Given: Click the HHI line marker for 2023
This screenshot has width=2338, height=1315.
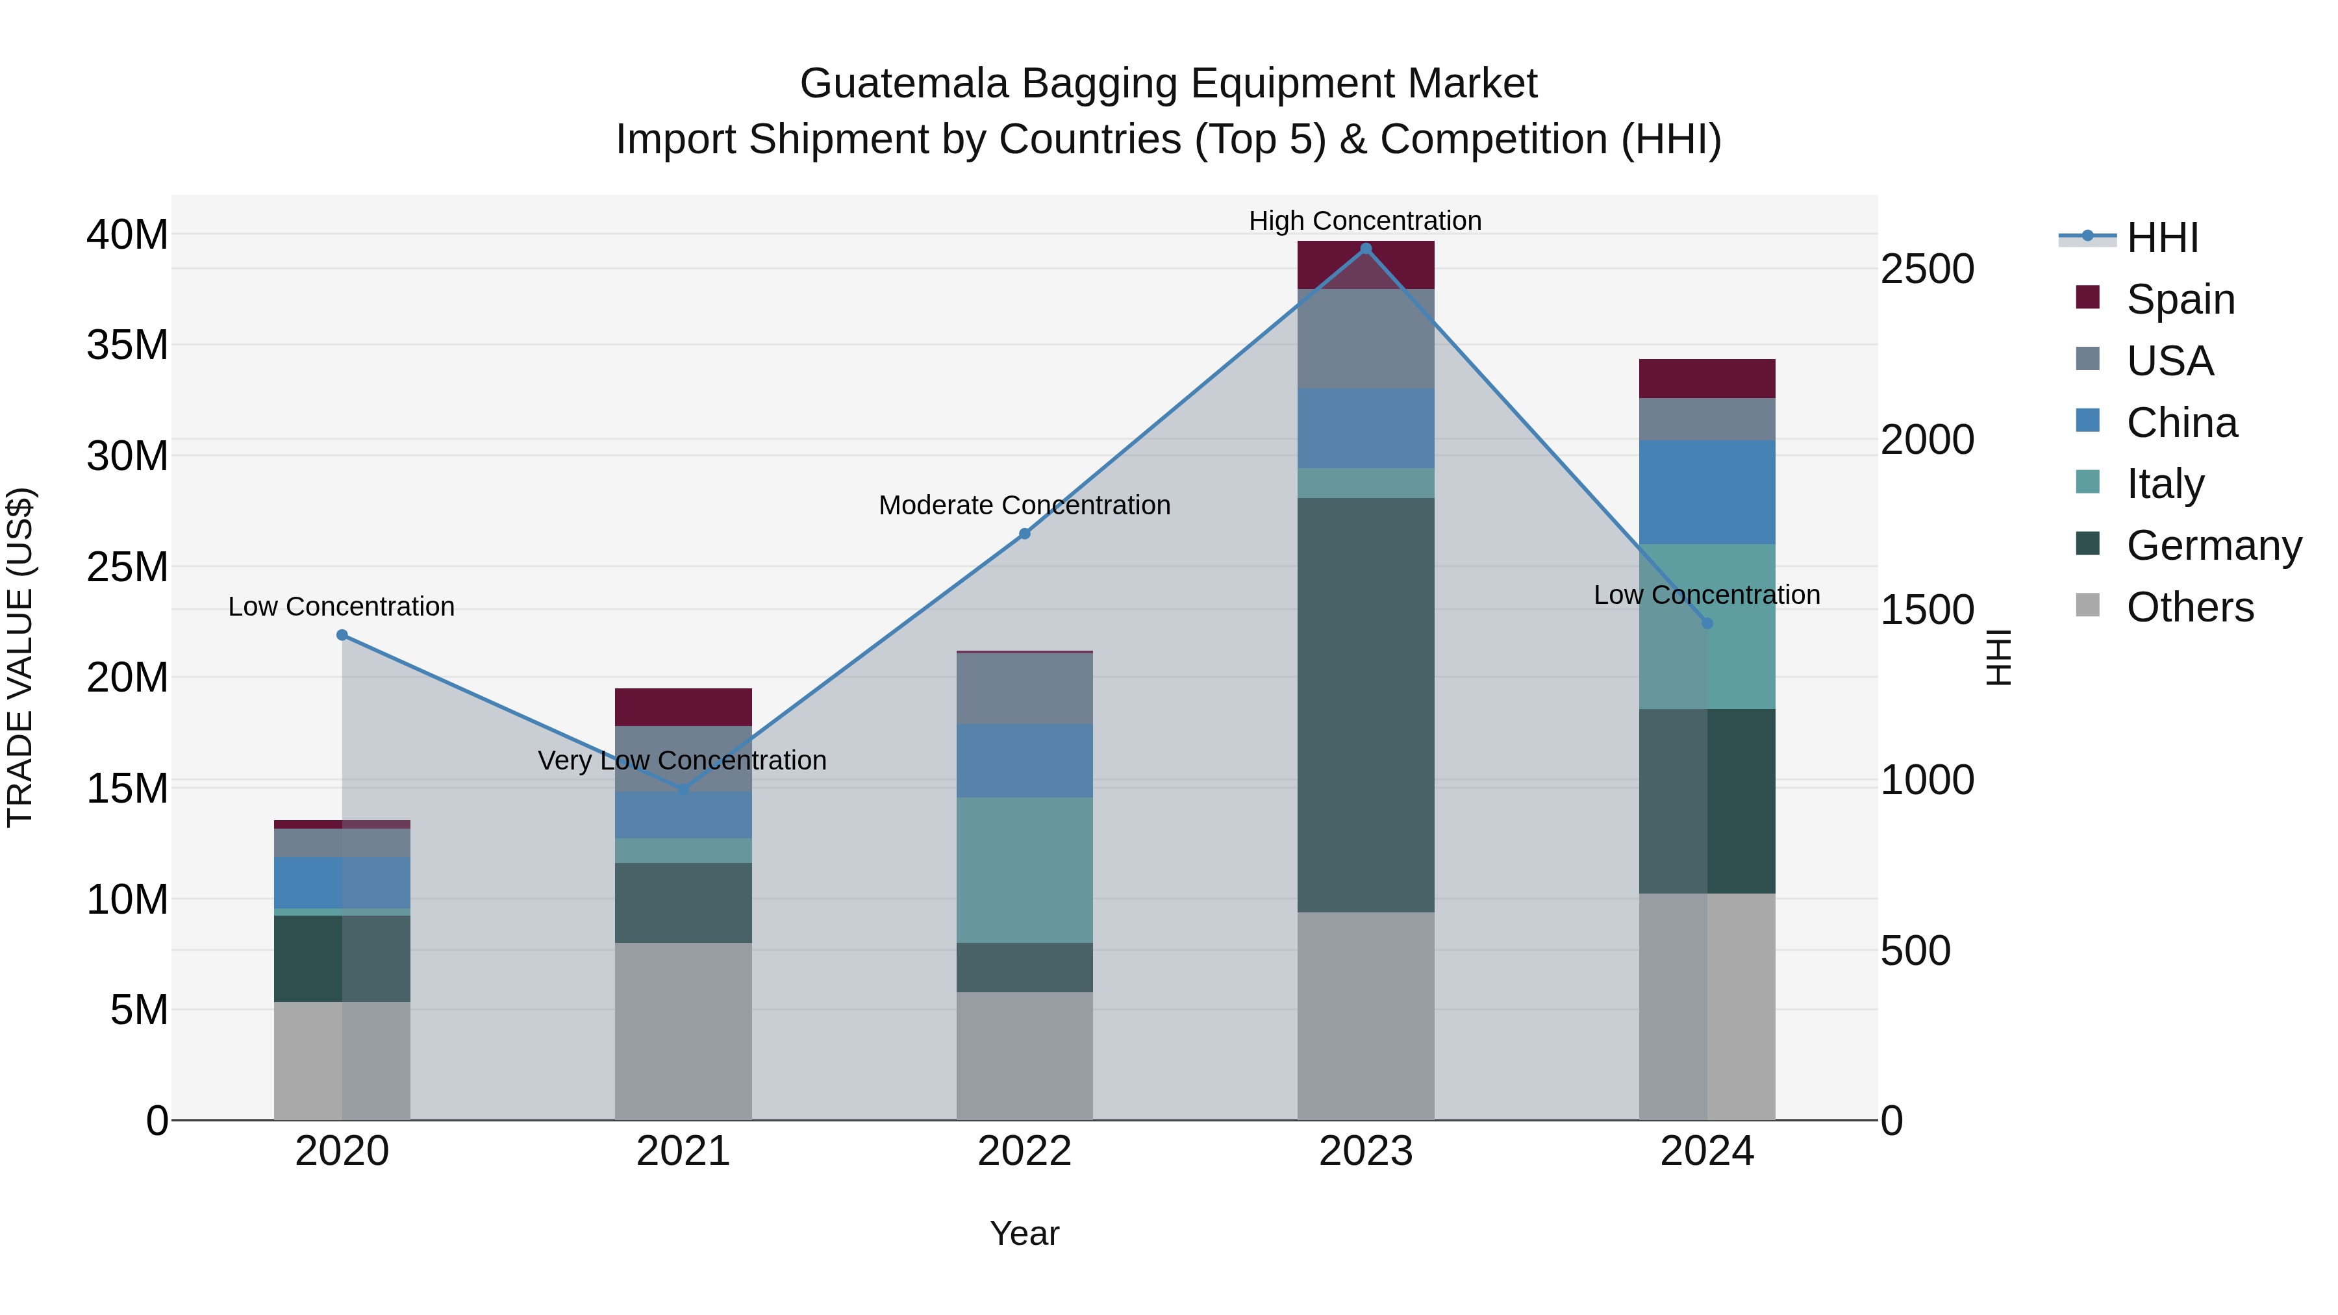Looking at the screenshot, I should point(1365,249).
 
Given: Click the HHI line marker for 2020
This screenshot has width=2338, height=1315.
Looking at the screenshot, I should point(342,635).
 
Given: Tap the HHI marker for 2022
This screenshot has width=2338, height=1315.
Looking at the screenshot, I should point(1025,534).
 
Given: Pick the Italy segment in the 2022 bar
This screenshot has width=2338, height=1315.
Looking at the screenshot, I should point(1025,870).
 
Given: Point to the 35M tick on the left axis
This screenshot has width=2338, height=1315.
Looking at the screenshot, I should point(127,345).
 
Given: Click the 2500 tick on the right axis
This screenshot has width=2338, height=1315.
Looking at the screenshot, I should point(1926,269).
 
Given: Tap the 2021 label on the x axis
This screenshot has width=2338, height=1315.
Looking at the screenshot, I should point(683,1151).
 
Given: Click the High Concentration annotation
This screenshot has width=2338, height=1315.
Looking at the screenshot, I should point(1365,221).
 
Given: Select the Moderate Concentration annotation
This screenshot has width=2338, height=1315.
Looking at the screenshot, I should point(1025,505).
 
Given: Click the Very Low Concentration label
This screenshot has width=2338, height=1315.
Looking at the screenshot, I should point(682,760).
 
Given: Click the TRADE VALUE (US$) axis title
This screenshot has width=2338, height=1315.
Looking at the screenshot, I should point(20,657).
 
